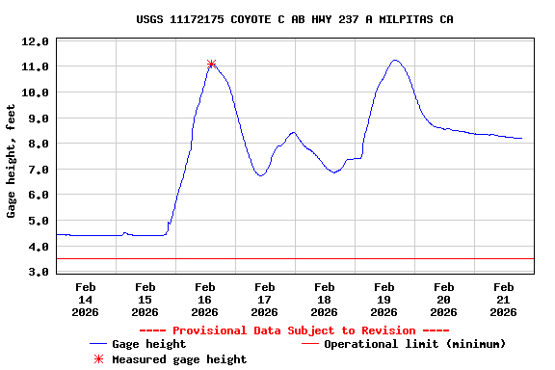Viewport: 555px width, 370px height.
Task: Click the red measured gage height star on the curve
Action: [x=211, y=65]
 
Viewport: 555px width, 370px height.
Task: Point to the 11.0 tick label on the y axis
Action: [x=36, y=66]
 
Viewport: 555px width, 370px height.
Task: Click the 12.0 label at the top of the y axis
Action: [x=36, y=41]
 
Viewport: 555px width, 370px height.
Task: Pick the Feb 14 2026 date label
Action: [x=85, y=299]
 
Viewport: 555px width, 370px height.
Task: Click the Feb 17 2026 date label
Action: [x=264, y=299]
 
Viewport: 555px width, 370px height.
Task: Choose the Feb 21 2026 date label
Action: [x=503, y=299]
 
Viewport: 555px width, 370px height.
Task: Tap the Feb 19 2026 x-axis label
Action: [x=383, y=299]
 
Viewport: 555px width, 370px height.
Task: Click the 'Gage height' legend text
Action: [x=148, y=344]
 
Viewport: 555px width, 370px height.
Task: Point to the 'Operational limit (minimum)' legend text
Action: [x=414, y=344]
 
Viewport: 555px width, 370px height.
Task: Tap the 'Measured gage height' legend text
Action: [x=178, y=359]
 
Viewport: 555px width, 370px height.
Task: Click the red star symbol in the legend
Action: [x=98, y=359]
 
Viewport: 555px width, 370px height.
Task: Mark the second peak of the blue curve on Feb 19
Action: [x=395, y=60]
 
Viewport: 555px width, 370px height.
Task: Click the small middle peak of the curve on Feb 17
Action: [x=293, y=132]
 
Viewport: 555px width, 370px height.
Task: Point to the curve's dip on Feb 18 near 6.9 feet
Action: [x=332, y=172]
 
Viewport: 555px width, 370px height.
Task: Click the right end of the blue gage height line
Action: [x=522, y=139]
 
